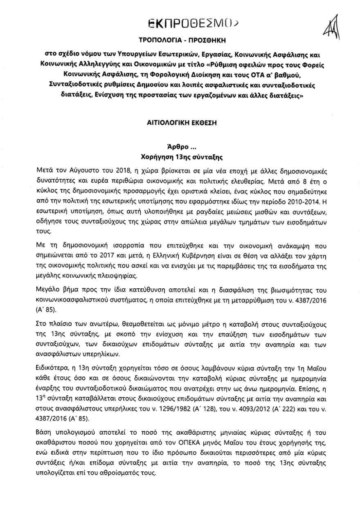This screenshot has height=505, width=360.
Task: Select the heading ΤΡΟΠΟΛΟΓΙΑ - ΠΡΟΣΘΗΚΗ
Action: point(180,42)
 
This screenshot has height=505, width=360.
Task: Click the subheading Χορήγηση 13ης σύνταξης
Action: point(180,157)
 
